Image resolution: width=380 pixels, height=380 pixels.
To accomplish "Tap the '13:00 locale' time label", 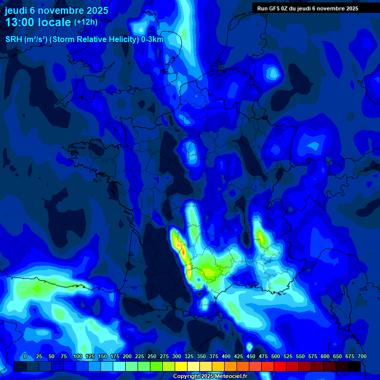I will click(x=38, y=22).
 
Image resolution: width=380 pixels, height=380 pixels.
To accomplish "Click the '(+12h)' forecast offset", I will click(x=86, y=22).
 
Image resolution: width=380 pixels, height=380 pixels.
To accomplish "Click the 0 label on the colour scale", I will click(x=25, y=356).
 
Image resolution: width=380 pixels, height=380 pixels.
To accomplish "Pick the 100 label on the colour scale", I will click(x=77, y=356).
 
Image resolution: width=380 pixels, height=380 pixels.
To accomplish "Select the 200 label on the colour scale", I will click(x=127, y=356).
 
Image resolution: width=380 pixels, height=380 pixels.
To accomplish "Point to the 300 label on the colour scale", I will click(x=176, y=356).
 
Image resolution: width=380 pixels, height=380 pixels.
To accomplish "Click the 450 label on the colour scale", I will click(x=250, y=356).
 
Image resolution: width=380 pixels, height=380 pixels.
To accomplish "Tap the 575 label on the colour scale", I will click(x=312, y=356).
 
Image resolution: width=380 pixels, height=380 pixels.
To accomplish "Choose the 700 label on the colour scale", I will click(x=362, y=356).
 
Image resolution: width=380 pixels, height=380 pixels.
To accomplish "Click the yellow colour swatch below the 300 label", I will click(x=181, y=366).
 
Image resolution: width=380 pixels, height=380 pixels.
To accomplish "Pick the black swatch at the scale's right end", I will click(x=354, y=366).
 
